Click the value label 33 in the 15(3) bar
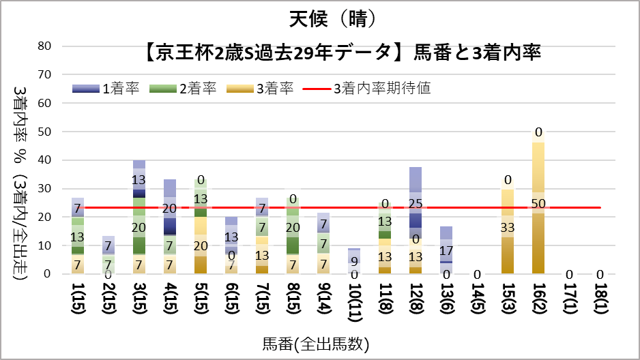pos(508,227)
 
